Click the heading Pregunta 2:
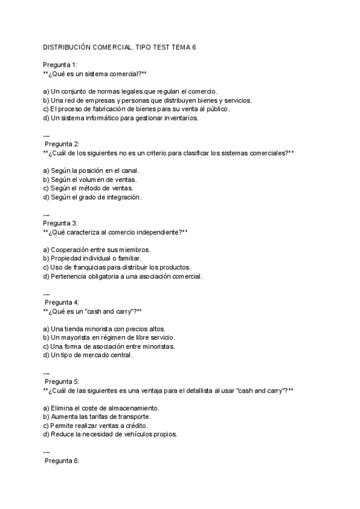click(62, 143)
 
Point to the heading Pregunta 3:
click(59, 223)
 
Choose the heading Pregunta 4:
click(62, 302)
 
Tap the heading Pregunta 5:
click(62, 381)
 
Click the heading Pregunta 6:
click(62, 460)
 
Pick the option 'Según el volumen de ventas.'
click(90, 179)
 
